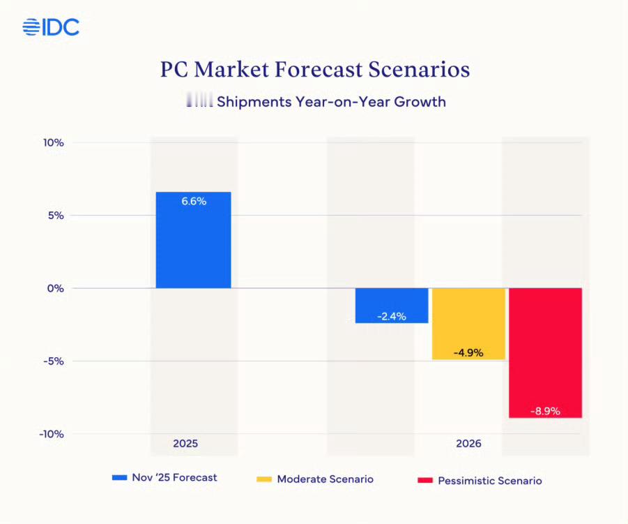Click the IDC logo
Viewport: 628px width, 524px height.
[x=51, y=27]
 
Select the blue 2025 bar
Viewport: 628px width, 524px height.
[x=193, y=244]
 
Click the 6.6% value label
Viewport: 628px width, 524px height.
[x=194, y=201]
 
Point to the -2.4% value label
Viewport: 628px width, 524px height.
[x=392, y=316]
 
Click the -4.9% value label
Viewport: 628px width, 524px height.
[x=468, y=352]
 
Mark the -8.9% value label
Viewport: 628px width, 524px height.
[x=545, y=411]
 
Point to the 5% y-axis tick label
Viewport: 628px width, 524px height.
[x=54, y=216]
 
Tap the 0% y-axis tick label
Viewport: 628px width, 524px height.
[x=54, y=288]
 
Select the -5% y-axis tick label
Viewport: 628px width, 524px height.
[x=53, y=361]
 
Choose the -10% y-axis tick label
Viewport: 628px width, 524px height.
[x=50, y=434]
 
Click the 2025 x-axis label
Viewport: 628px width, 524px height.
[x=185, y=443]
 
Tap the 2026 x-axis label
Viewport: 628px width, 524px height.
[x=468, y=443]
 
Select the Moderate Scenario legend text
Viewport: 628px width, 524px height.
[x=325, y=479]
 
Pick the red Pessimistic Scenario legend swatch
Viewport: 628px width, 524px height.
[x=425, y=481]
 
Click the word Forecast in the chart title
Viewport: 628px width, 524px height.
[x=319, y=70]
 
